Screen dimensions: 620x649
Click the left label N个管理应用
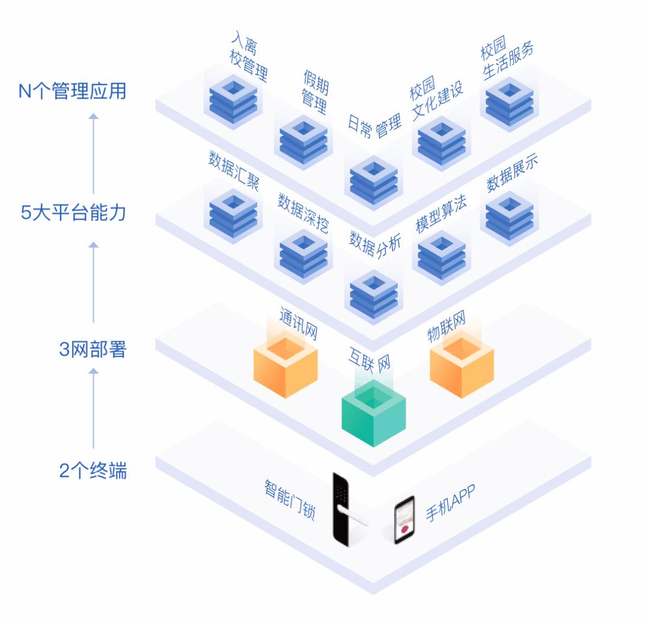pyautogui.click(x=73, y=93)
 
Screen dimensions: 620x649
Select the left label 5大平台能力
pyautogui.click(x=73, y=213)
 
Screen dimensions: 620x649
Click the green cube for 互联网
pyautogui.click(x=374, y=415)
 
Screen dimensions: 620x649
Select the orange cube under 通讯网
pyautogui.click(x=285, y=365)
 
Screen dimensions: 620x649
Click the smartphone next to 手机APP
pyautogui.click(x=404, y=520)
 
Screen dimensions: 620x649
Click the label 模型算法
pyautogui.click(x=441, y=213)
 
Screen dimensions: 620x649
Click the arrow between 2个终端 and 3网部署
pyautogui.click(x=93, y=409)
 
